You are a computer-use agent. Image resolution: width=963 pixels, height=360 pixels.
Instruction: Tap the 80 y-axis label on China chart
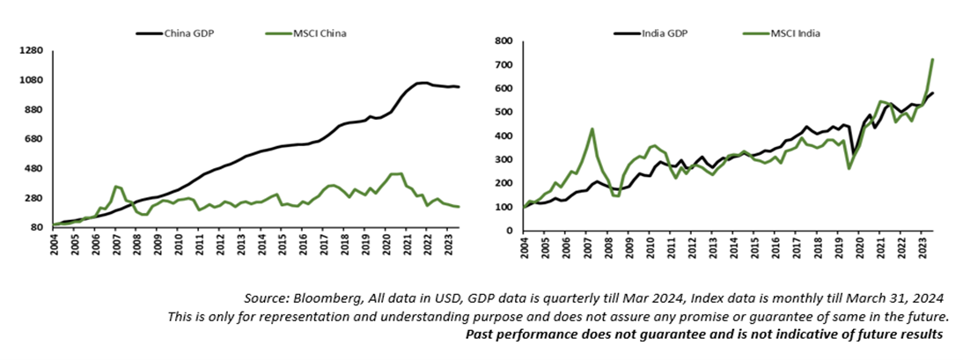[36, 228]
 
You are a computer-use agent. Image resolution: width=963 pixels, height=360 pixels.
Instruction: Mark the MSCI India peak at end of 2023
[933, 59]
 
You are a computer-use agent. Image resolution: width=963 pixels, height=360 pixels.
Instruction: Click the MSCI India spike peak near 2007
[592, 129]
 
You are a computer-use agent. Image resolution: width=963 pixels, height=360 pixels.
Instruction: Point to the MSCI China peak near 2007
[115, 186]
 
